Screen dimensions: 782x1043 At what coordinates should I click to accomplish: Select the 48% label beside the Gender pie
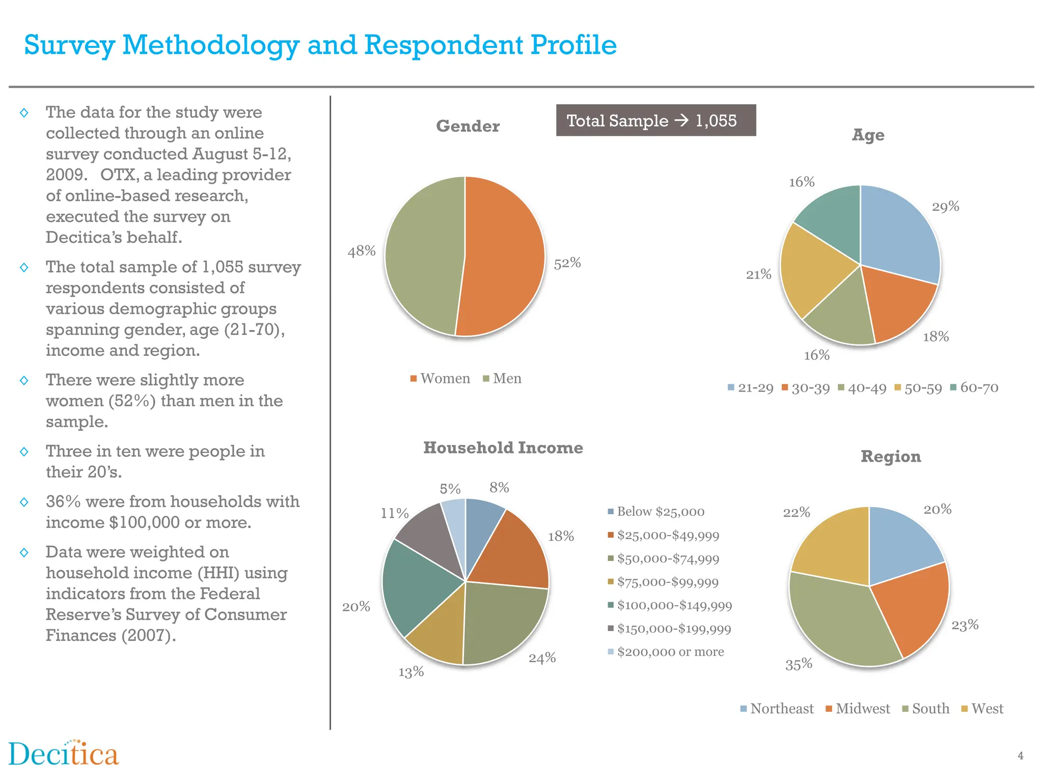click(x=362, y=251)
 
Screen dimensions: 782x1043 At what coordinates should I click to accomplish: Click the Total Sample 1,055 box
click(x=655, y=121)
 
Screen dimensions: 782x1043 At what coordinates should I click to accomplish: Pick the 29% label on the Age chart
click(x=945, y=207)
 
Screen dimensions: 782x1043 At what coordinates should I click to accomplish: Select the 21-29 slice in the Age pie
click(x=899, y=229)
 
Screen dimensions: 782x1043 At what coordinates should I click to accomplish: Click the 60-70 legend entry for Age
click(x=975, y=388)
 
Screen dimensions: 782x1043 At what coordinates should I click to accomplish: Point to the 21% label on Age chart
click(x=758, y=275)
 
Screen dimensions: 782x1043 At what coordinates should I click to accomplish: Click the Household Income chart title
click(x=503, y=448)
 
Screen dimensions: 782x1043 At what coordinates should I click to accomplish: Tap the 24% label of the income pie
click(x=542, y=658)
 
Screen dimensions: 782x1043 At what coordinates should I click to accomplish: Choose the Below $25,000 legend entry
click(x=656, y=512)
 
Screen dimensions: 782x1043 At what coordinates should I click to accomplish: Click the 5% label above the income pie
click(x=450, y=489)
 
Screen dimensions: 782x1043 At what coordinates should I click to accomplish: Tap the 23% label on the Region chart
click(x=965, y=625)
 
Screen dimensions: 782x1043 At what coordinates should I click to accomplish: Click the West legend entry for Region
click(x=982, y=709)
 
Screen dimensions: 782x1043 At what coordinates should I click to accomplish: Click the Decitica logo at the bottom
click(x=64, y=755)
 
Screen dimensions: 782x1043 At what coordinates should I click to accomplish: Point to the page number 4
click(x=1020, y=756)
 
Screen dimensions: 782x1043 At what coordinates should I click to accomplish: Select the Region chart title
click(x=891, y=457)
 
